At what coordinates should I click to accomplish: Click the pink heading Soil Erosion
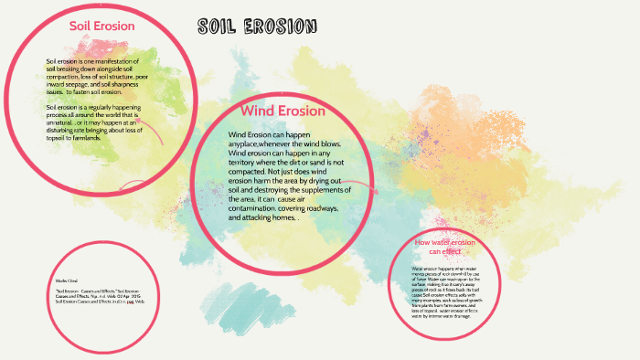click(102, 26)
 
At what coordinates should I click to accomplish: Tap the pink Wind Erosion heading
click(283, 111)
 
